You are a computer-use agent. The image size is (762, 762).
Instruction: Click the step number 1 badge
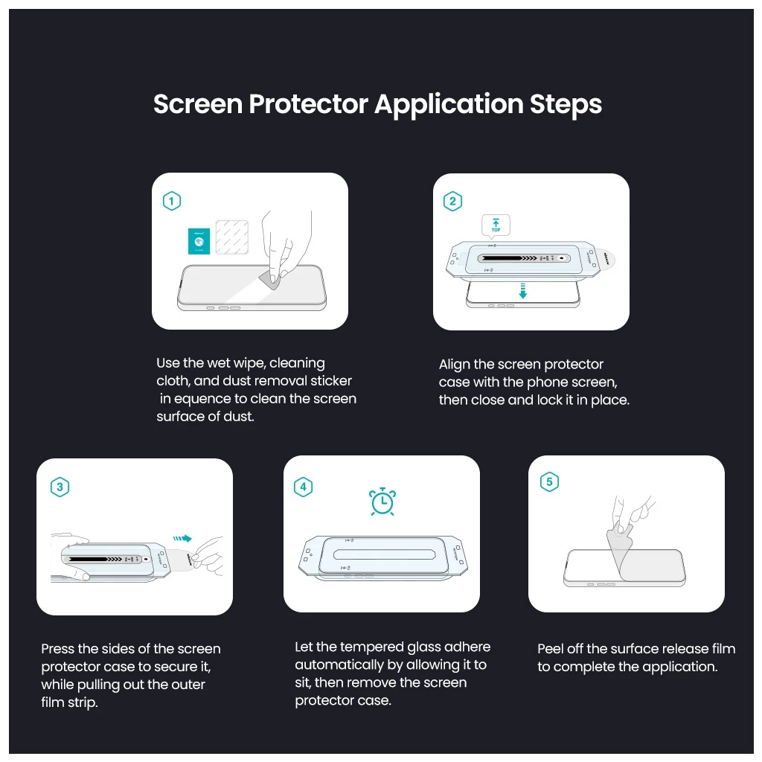tap(172, 201)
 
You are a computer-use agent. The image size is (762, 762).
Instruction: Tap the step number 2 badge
tap(452, 201)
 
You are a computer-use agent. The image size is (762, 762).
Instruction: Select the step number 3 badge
tap(60, 487)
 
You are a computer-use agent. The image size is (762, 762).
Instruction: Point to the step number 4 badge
tap(303, 487)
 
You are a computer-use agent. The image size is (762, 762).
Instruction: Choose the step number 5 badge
tap(549, 482)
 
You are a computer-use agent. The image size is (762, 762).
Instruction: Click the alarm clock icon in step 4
tap(382, 502)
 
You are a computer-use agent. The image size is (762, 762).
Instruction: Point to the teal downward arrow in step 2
tap(522, 290)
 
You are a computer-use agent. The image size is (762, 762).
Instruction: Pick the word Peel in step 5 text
tap(551, 649)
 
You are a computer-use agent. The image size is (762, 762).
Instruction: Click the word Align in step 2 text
tap(454, 365)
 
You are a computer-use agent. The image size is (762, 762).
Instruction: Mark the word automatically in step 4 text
tap(339, 665)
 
